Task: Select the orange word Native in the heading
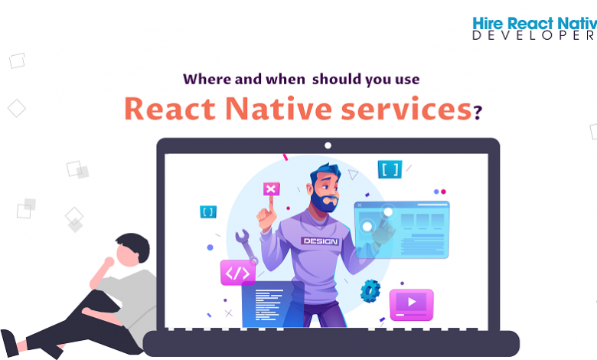279,109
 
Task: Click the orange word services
406,110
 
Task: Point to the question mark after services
478,112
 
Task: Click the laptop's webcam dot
328,146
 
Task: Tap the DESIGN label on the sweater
320,241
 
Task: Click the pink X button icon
271,188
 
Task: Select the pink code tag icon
237,273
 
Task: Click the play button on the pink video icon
412,302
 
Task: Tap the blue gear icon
370,290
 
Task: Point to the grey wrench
246,247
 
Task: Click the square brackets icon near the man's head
390,169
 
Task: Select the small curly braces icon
208,212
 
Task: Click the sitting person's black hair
134,246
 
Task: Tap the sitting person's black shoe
9,343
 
